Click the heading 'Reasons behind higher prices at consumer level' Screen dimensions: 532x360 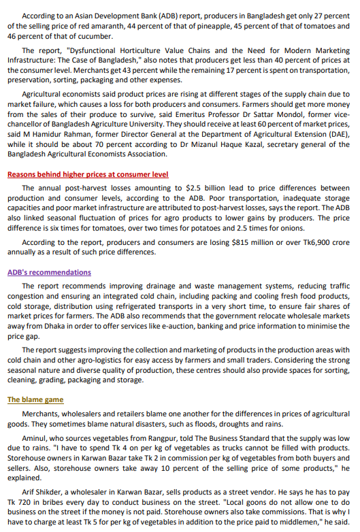pyautogui.click(x=88, y=174)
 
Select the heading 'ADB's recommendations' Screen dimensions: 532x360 pyautogui.click(x=49, y=273)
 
